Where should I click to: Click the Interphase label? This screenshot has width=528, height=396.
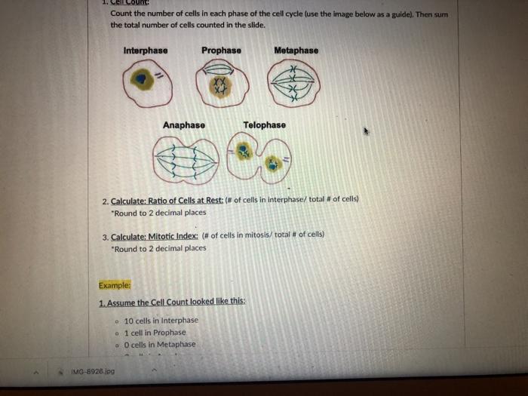146,51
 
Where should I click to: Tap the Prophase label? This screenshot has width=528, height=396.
221,51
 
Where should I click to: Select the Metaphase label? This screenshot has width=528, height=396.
296,51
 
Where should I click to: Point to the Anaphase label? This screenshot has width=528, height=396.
183,124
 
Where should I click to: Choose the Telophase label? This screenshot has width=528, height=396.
264,124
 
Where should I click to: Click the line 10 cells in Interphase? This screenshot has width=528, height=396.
161,320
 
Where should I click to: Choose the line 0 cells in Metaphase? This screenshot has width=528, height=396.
159,344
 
